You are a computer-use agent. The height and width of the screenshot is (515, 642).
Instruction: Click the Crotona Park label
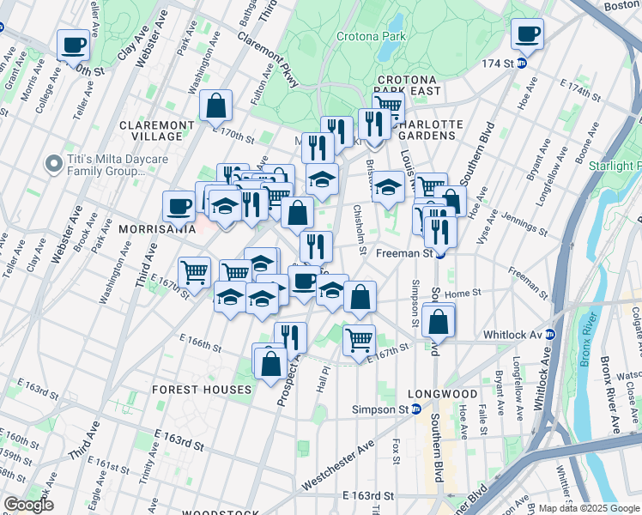pos(370,37)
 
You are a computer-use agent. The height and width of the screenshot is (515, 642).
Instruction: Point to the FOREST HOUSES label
pos(203,389)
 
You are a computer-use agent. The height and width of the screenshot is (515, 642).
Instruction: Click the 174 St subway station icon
pos(522,64)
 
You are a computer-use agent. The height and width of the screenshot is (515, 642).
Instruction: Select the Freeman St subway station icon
pos(439,253)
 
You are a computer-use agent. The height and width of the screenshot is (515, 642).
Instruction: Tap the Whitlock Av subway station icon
pos(550,334)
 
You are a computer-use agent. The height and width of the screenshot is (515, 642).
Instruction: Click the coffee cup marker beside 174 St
pos(527,34)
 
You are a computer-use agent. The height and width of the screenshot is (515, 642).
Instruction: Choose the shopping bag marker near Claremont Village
pos(217,106)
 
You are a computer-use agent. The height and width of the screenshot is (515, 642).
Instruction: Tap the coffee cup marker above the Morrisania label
pos(179,206)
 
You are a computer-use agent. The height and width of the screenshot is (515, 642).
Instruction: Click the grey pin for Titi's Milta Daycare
pos(54,163)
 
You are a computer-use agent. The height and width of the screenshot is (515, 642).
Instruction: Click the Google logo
pos(28,505)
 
